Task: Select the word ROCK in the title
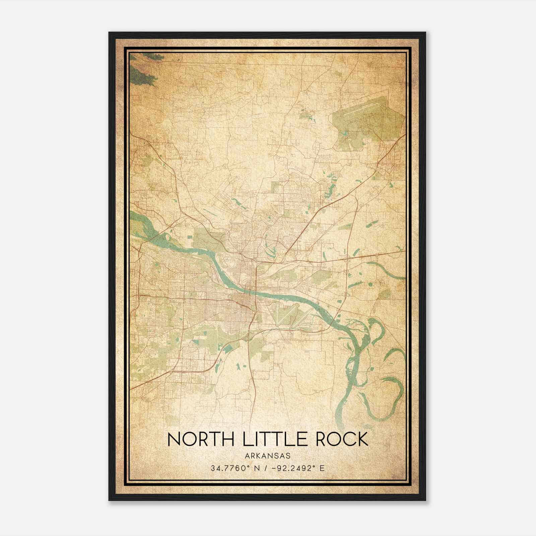pyautogui.click(x=341, y=440)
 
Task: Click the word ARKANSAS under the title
pyautogui.click(x=268, y=456)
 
